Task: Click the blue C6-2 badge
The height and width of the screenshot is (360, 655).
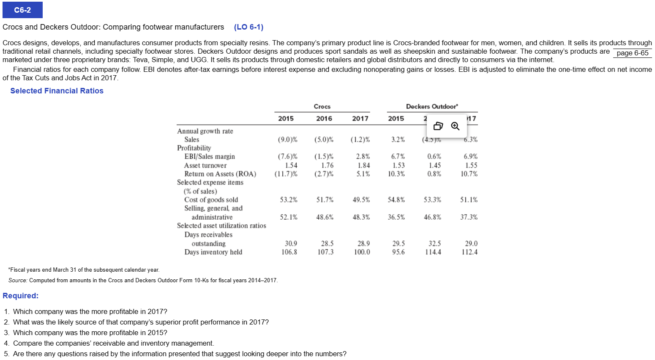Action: [x=22, y=10]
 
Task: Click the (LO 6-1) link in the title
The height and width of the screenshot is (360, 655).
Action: [x=248, y=27]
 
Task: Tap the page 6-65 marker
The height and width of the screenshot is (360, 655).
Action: [x=632, y=53]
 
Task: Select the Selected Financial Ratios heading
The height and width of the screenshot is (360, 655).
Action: [x=57, y=91]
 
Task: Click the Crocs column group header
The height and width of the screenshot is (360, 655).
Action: [x=322, y=106]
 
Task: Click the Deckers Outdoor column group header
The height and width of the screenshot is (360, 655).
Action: [x=431, y=106]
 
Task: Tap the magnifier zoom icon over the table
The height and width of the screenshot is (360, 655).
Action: [x=455, y=126]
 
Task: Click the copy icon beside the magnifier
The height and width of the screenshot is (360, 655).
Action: [x=438, y=126]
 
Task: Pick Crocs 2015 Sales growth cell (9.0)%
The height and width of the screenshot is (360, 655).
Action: [x=287, y=139]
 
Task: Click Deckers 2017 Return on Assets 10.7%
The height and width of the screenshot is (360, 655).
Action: [x=469, y=174]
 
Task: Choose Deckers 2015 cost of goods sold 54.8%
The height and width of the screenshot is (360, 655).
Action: [x=396, y=199]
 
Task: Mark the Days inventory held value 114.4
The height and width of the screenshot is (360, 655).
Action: [x=433, y=252]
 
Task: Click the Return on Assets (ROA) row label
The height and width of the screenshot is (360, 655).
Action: [x=220, y=174]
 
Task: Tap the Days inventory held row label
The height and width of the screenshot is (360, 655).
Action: [x=213, y=252]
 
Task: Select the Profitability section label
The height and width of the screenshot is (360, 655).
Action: [x=194, y=148]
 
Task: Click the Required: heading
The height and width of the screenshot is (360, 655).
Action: [x=20, y=296]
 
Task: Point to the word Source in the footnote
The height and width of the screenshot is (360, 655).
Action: [x=18, y=280]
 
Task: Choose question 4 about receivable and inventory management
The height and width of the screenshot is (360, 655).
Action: [x=113, y=343]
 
